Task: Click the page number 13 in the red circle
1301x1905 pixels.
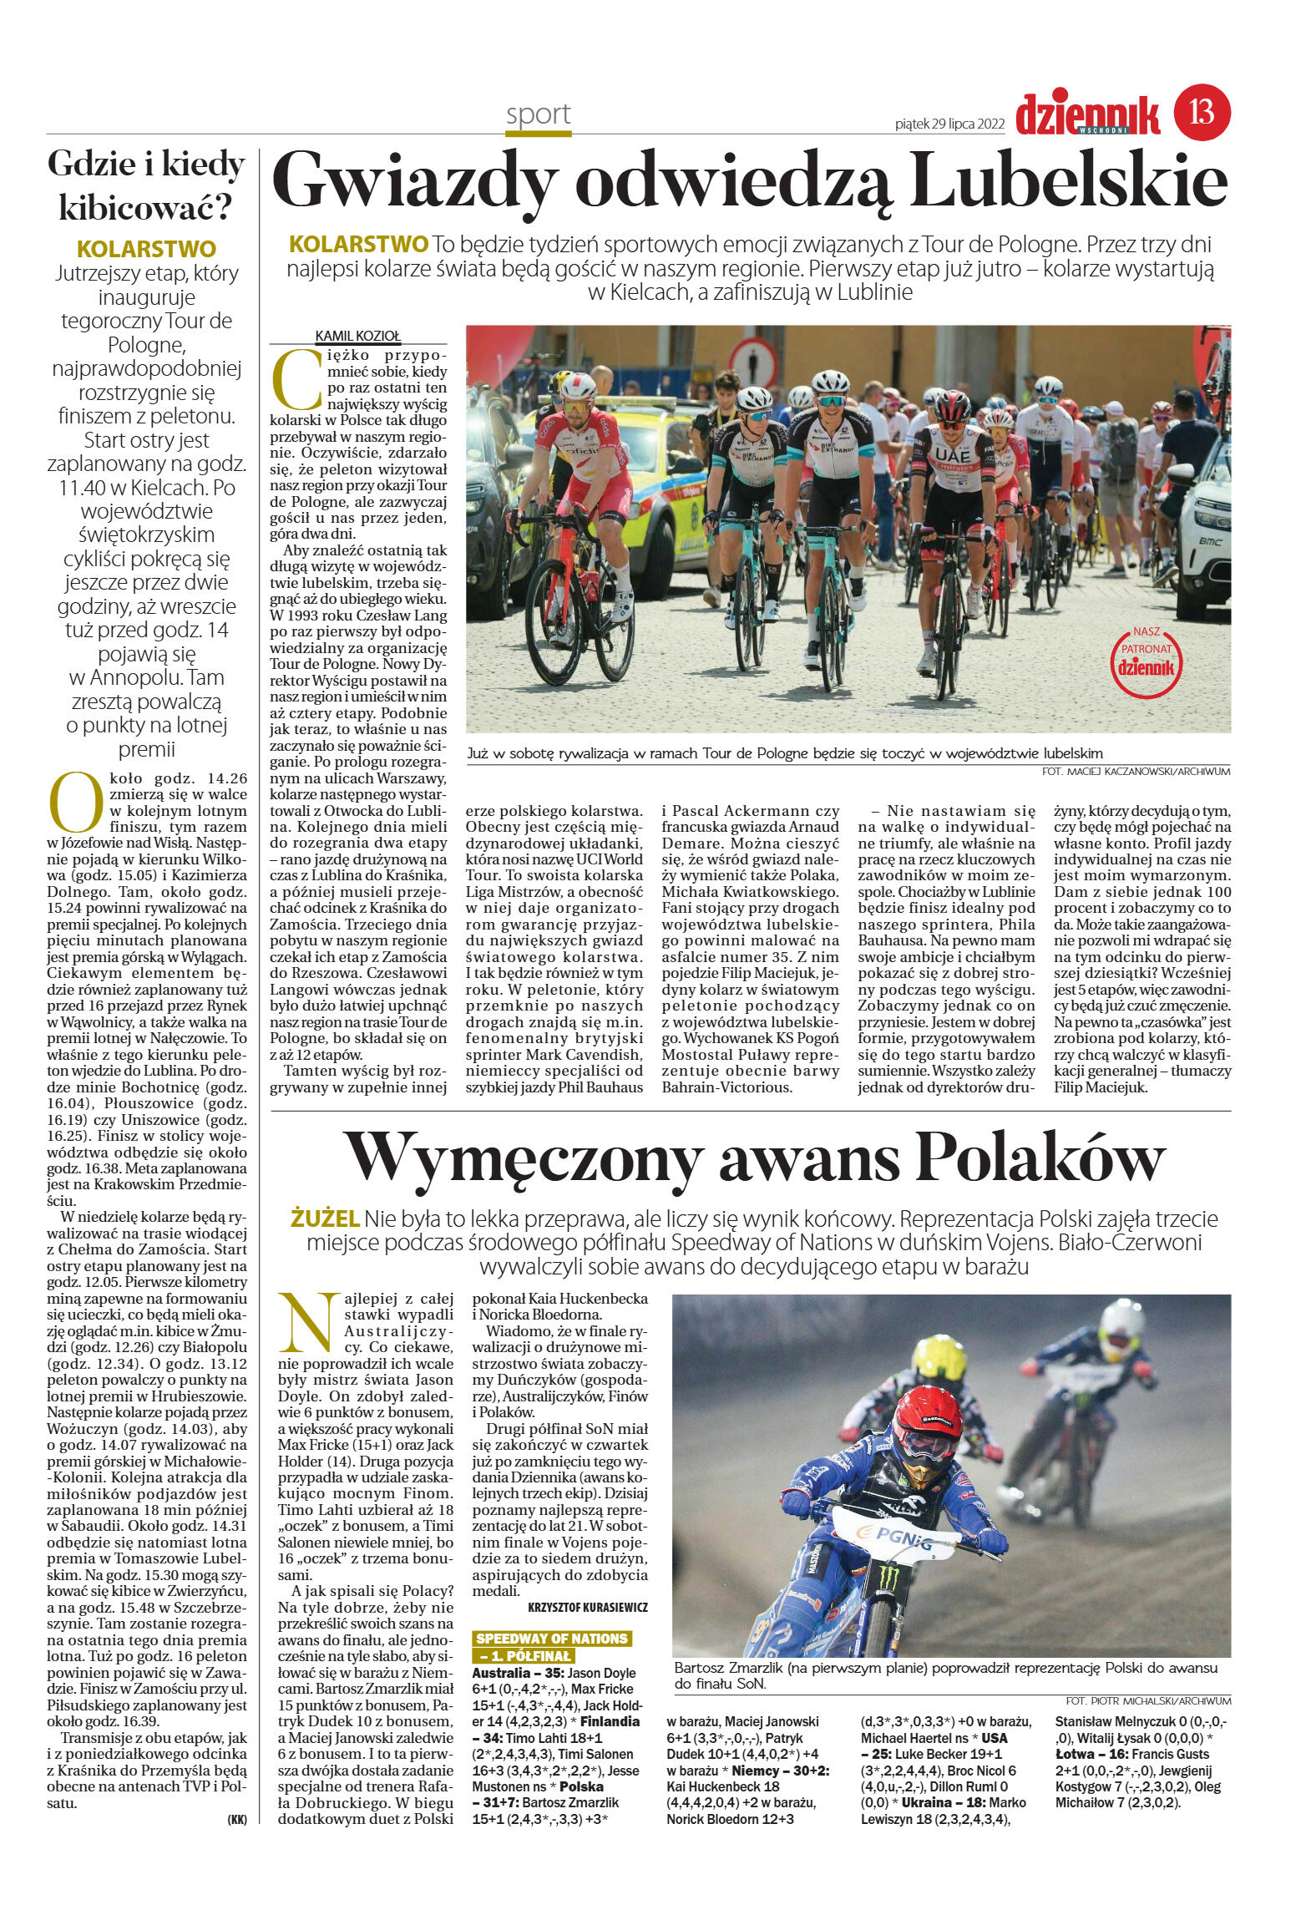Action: [1202, 111]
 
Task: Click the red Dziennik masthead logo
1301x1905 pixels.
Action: [1087, 115]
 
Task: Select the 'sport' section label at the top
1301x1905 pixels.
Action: [538, 114]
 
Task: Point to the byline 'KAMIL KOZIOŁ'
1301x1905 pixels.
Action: [357, 336]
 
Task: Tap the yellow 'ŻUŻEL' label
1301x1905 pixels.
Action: [325, 1218]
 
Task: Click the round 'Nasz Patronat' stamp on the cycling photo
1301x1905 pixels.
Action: [1147, 661]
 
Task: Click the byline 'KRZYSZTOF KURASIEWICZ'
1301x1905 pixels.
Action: [588, 1607]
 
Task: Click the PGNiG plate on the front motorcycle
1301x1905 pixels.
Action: [893, 1535]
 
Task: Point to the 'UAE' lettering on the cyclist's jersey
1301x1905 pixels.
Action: [953, 457]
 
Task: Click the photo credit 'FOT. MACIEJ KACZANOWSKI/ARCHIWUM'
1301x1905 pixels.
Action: [1136, 772]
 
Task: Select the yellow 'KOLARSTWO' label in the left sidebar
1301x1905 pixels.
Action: [146, 249]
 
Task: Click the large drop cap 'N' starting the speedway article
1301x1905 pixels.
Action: [308, 1325]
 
